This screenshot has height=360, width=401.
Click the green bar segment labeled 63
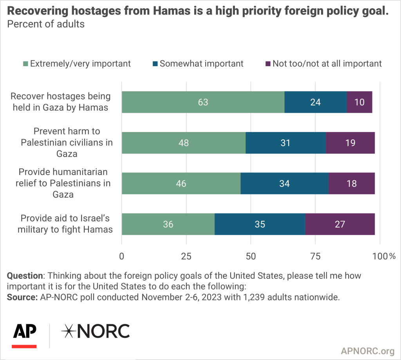(x=203, y=102)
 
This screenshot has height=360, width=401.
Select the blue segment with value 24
(x=315, y=102)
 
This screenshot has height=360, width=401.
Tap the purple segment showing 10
(x=359, y=102)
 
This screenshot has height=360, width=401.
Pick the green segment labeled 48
(x=184, y=143)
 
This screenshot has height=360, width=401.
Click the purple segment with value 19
(x=350, y=143)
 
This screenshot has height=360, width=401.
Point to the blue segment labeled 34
(x=284, y=183)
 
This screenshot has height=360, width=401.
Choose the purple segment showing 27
(x=340, y=224)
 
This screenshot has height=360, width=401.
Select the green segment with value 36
(x=168, y=224)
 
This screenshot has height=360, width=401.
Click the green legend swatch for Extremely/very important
(x=26, y=63)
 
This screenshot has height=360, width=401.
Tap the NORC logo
(x=95, y=331)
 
